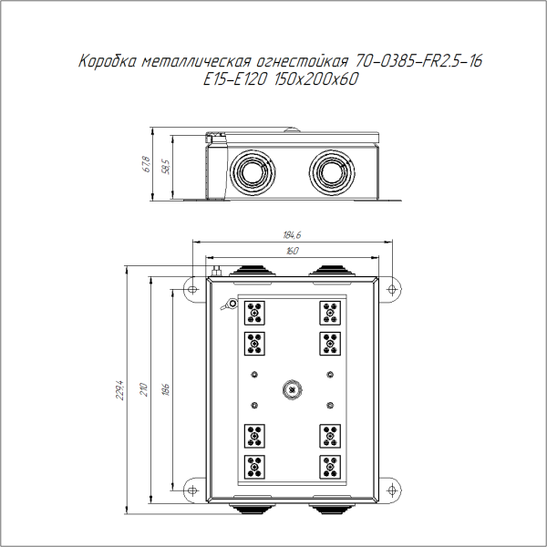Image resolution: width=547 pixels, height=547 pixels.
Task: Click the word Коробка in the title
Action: tap(106, 62)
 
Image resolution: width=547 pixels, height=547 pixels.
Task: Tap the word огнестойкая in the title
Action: tap(304, 62)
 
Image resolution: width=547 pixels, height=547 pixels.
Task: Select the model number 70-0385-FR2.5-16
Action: tap(418, 62)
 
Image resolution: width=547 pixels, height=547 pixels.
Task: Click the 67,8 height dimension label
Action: tap(146, 164)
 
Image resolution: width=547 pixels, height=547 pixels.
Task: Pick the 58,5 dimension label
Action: tap(165, 168)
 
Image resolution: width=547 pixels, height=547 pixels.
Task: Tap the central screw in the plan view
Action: tap(291, 390)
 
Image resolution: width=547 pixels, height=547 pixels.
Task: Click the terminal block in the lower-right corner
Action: tap(329, 466)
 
